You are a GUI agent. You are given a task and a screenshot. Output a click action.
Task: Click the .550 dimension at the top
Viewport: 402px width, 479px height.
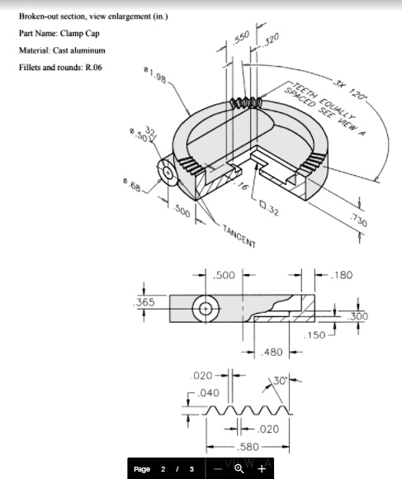(241, 39)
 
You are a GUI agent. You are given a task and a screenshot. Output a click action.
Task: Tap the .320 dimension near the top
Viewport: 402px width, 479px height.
(271, 39)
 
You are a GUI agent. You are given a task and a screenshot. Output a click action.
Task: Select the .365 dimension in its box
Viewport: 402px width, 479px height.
(146, 302)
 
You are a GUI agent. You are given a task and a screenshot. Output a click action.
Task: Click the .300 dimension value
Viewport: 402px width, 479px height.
(359, 316)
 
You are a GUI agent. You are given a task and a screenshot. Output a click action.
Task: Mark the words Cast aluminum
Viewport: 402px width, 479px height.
(78, 50)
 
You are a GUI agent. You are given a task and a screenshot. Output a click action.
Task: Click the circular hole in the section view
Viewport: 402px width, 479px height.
(204, 308)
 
